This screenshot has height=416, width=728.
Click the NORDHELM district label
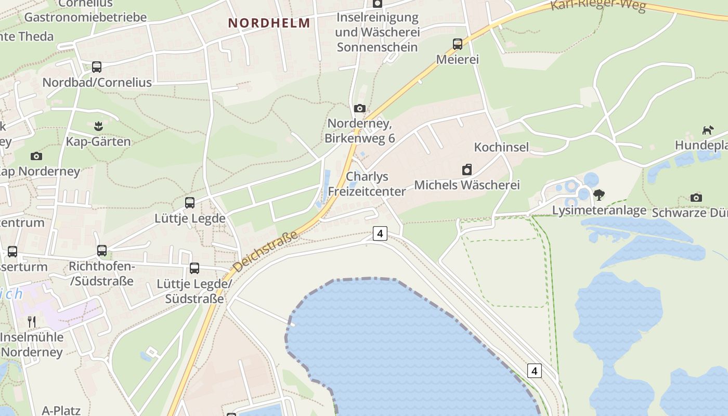click(269, 23)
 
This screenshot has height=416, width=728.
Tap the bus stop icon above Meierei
click(458, 44)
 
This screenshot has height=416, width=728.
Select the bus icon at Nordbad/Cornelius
click(97, 67)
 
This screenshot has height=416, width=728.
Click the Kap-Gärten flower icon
click(98, 126)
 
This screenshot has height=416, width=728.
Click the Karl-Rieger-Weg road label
click(598, 5)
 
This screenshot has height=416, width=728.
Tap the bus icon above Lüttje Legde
click(190, 203)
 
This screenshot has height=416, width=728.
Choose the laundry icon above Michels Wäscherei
click(467, 170)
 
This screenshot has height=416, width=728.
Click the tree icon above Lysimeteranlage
click(599, 195)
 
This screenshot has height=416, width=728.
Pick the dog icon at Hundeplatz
click(708, 130)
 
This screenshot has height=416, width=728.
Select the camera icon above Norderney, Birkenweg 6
click(359, 109)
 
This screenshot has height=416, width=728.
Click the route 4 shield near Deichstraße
click(380, 233)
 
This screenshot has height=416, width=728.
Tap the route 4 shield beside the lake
click(534, 371)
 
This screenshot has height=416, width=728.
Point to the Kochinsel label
click(501, 147)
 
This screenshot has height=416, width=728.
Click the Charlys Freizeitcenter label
click(367, 184)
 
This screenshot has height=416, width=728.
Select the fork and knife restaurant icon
click(32, 322)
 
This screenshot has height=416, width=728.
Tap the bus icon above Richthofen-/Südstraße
click(102, 251)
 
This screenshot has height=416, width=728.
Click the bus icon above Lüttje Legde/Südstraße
click(194, 268)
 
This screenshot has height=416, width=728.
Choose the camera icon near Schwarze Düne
click(696, 198)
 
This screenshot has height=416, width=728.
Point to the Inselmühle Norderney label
click(32, 344)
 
